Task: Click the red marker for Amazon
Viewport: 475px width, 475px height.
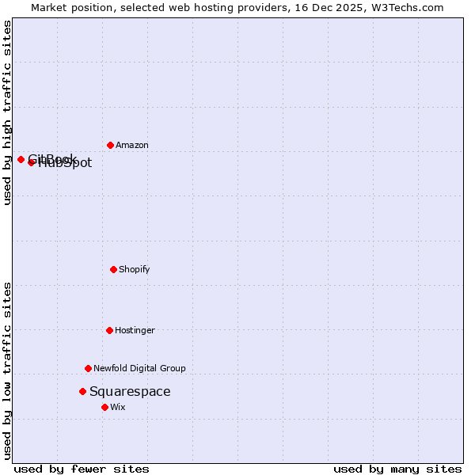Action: [111, 145]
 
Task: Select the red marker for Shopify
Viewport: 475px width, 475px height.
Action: [114, 269]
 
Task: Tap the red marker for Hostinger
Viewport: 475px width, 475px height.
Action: [110, 330]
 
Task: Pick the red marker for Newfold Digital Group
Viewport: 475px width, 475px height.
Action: [89, 368]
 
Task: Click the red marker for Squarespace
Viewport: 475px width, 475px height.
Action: [82, 391]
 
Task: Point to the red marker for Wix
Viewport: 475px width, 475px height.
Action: [104, 407]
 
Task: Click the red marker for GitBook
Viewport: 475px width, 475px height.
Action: [21, 159]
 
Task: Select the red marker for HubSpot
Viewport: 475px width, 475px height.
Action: [32, 162]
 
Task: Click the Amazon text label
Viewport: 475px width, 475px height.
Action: [132, 145]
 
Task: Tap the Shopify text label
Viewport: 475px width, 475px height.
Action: [135, 269]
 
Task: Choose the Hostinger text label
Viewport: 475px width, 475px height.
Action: [135, 330]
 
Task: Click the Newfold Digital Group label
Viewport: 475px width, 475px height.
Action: [140, 368]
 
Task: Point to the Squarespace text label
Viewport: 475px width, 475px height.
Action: [130, 391]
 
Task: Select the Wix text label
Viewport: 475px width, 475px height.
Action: [118, 407]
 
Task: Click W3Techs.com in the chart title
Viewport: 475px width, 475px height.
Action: [407, 7]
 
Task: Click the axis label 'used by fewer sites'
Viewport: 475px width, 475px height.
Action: [82, 469]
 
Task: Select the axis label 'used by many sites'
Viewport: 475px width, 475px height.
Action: [397, 469]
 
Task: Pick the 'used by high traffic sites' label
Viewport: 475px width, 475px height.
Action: [7, 112]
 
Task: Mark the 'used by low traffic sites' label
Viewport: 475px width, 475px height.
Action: [7, 370]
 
